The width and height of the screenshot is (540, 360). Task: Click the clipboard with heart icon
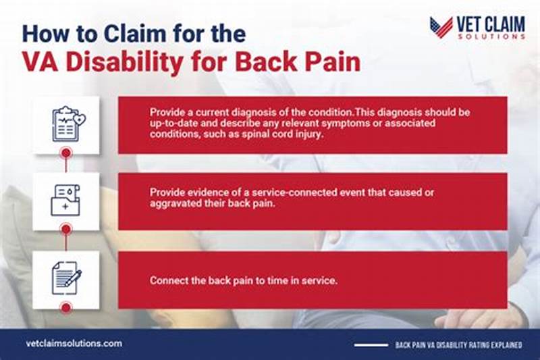pos(66,124)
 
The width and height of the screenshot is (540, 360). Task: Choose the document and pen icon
pos(66,277)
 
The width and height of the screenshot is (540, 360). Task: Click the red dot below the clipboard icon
pos(66,153)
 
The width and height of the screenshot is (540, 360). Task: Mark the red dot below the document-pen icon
pos(66,307)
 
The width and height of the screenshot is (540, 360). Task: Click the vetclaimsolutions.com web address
pos(74,343)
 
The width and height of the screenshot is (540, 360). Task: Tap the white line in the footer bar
pos(371,344)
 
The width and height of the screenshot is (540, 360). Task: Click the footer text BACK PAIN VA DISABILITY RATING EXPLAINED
pos(460,344)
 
